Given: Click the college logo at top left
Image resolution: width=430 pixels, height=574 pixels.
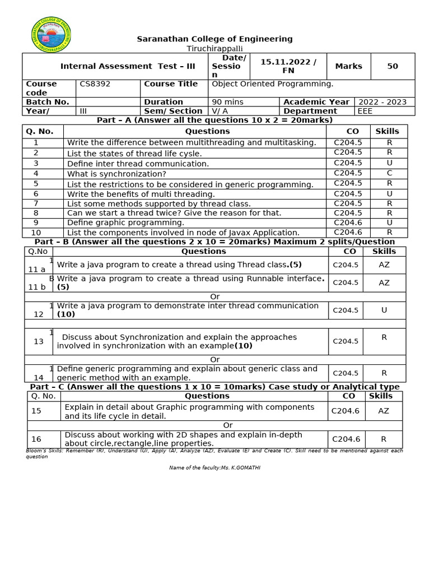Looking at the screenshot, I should [x=51, y=35].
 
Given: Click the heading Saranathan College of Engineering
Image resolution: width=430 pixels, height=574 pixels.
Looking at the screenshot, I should [x=215, y=39].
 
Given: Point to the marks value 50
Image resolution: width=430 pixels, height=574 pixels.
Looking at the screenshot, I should [x=392, y=66].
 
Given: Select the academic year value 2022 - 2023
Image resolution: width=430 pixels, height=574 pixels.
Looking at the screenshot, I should [x=382, y=102].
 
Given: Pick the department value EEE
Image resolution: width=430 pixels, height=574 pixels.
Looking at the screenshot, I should [x=365, y=111].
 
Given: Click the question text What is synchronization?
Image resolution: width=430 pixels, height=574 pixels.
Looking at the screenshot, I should [x=116, y=174].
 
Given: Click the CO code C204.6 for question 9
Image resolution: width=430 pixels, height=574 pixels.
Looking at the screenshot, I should [x=348, y=223].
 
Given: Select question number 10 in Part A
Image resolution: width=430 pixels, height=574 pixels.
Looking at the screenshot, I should [x=36, y=233].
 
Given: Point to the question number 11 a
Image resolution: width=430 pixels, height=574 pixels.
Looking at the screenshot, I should [x=37, y=269].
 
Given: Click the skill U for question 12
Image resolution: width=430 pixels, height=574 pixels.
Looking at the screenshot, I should [x=384, y=310].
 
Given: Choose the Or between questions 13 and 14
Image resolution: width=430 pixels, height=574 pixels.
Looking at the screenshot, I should [x=214, y=359].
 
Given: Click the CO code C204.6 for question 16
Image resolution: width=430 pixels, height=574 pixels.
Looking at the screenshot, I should [x=345, y=439].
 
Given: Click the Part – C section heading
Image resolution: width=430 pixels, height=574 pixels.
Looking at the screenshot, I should [x=214, y=387].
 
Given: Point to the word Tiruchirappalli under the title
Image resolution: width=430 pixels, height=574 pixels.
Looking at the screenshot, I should [x=215, y=48].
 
